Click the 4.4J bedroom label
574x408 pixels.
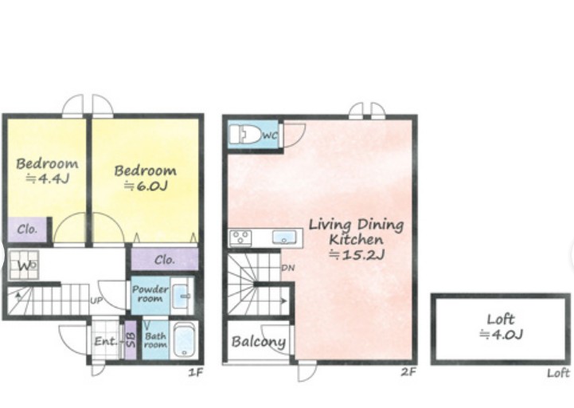(x=47, y=171)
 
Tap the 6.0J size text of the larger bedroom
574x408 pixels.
(x=146, y=186)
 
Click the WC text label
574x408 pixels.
(x=270, y=135)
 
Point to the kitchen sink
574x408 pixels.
(x=284, y=237)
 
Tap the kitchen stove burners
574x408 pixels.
(x=240, y=237)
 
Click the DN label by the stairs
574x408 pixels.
(x=288, y=268)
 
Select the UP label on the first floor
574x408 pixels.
(x=96, y=300)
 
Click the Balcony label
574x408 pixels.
(x=259, y=342)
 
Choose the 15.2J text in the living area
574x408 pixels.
(x=357, y=255)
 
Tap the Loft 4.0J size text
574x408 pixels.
(x=501, y=335)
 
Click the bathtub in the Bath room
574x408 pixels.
(x=184, y=340)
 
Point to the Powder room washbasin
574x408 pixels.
(x=181, y=296)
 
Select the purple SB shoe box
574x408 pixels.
(x=131, y=339)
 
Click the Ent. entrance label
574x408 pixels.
(x=106, y=342)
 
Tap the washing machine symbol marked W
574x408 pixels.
(x=23, y=265)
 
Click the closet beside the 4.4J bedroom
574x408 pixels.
(x=27, y=229)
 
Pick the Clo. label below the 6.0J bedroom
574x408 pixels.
(x=164, y=260)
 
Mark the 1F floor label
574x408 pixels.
(x=196, y=373)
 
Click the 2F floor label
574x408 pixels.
(x=408, y=372)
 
